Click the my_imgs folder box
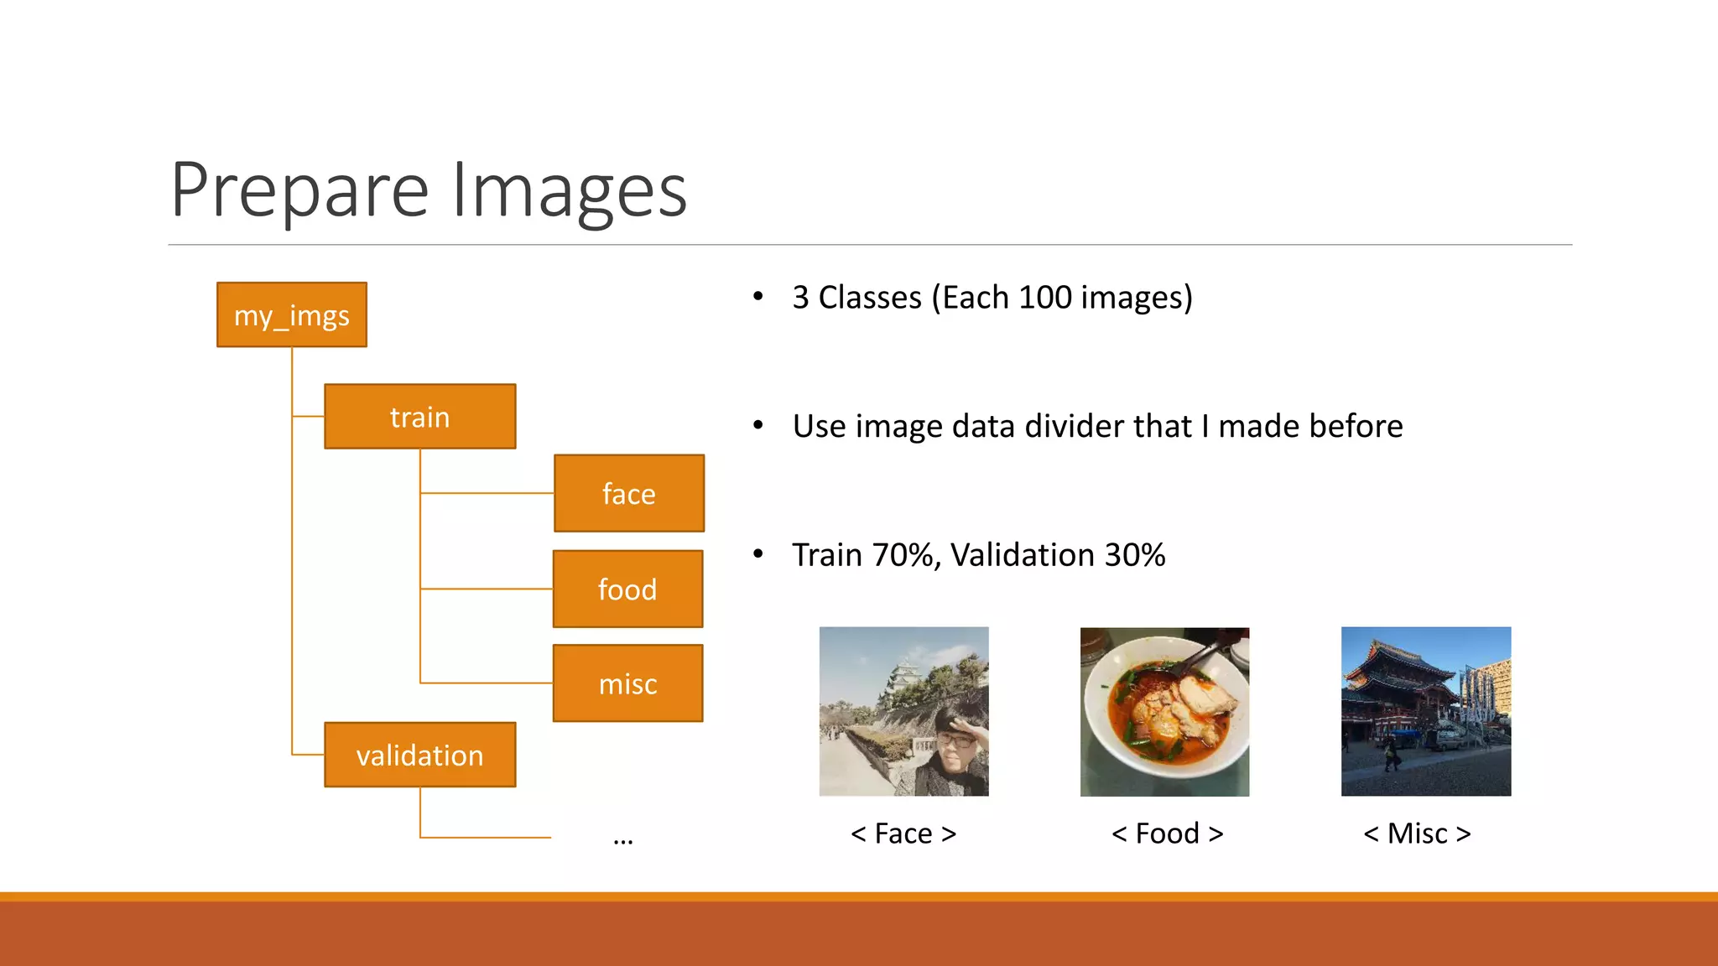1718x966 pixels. pos(291,315)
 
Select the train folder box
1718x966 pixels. pos(419,417)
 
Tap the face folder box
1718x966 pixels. pos(628,494)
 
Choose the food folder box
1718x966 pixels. pos(627,589)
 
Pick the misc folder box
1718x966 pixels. pos(627,683)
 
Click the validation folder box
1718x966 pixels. pos(419,755)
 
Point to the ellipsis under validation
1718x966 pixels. pos(622,839)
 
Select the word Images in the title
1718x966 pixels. pos(570,191)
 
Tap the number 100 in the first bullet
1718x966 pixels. pos(1044,298)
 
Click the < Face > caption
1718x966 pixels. pos(903,834)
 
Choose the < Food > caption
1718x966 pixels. pos(1166,834)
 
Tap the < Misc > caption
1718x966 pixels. pos(1417,834)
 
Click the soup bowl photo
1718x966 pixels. pos(1164,711)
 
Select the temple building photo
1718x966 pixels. pos(1425,711)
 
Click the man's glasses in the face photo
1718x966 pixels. pos(955,740)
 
